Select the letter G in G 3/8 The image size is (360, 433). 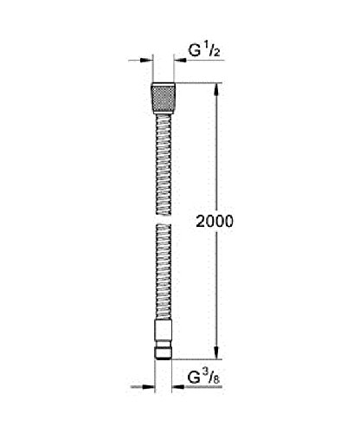[x=196, y=378]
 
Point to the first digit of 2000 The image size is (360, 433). [x=201, y=221]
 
